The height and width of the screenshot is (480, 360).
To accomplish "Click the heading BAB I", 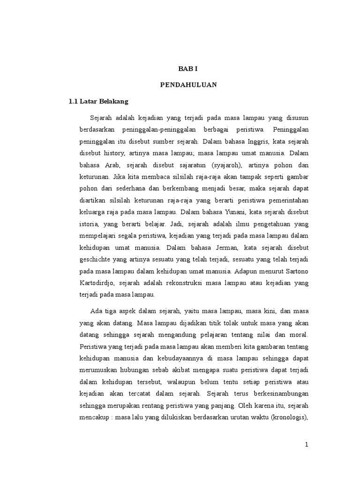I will [188, 68].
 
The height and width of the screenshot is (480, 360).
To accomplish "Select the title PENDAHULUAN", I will [188, 85].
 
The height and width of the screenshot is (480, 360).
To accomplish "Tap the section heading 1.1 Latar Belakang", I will [98, 101].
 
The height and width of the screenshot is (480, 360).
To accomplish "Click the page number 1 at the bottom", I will [306, 445].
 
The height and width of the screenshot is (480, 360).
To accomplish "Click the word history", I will [113, 153].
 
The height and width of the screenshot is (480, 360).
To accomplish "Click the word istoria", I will [89, 224].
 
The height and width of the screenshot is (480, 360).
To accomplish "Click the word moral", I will [299, 335].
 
